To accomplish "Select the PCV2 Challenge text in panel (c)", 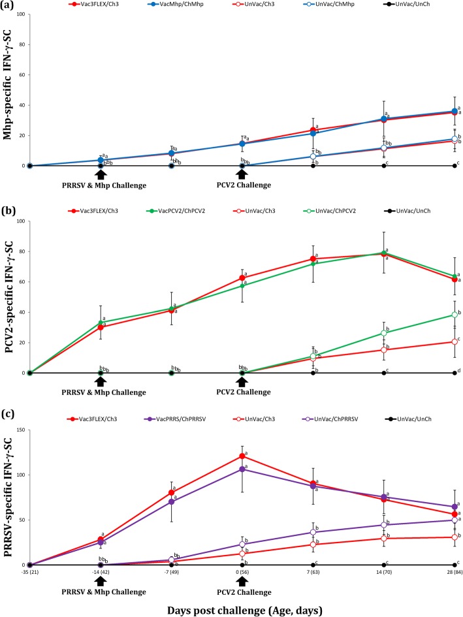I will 242,592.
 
